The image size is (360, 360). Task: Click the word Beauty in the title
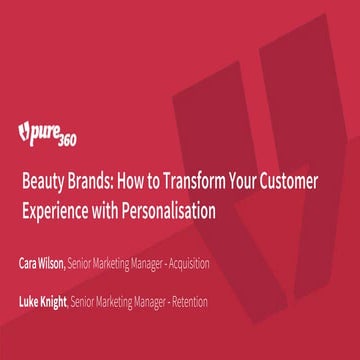(x=42, y=184)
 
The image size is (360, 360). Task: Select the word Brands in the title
(x=89, y=184)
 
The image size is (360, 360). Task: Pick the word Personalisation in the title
(x=171, y=211)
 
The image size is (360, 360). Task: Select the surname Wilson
(x=55, y=263)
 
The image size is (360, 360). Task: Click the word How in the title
(x=132, y=184)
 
